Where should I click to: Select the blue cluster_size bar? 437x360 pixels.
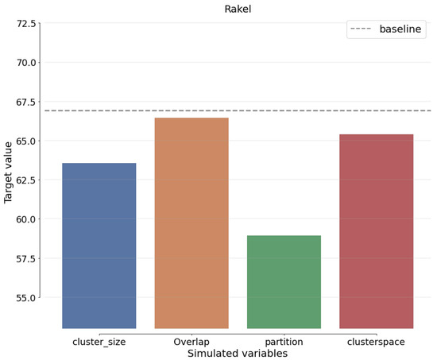point(99,246)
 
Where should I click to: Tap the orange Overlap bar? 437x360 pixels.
point(191,223)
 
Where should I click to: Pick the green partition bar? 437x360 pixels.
point(284,282)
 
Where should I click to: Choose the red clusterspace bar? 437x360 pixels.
point(376,231)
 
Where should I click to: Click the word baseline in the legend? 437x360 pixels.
point(400,29)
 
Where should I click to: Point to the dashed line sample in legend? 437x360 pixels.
point(362,29)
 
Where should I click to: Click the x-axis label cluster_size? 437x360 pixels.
point(99,342)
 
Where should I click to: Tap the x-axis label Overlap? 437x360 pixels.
point(191,342)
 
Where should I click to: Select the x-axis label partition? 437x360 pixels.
point(284,342)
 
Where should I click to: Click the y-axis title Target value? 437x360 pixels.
point(9,172)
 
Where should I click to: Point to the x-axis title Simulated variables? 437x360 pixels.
point(237,353)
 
